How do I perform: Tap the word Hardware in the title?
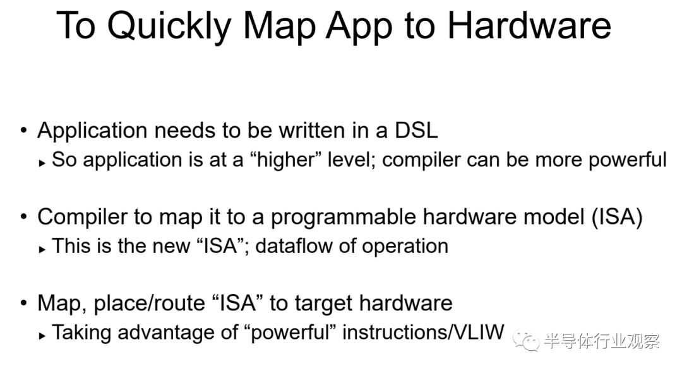click(x=529, y=25)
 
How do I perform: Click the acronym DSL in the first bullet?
click(x=416, y=131)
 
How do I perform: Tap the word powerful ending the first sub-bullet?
click(x=628, y=160)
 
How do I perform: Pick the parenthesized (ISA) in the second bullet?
click(x=617, y=217)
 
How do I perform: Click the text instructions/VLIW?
click(x=423, y=333)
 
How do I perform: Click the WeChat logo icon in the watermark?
click(x=526, y=341)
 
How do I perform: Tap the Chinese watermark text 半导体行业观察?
click(x=602, y=341)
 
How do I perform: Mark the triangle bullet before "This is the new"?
click(x=42, y=249)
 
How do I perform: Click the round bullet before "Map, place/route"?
click(x=23, y=303)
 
